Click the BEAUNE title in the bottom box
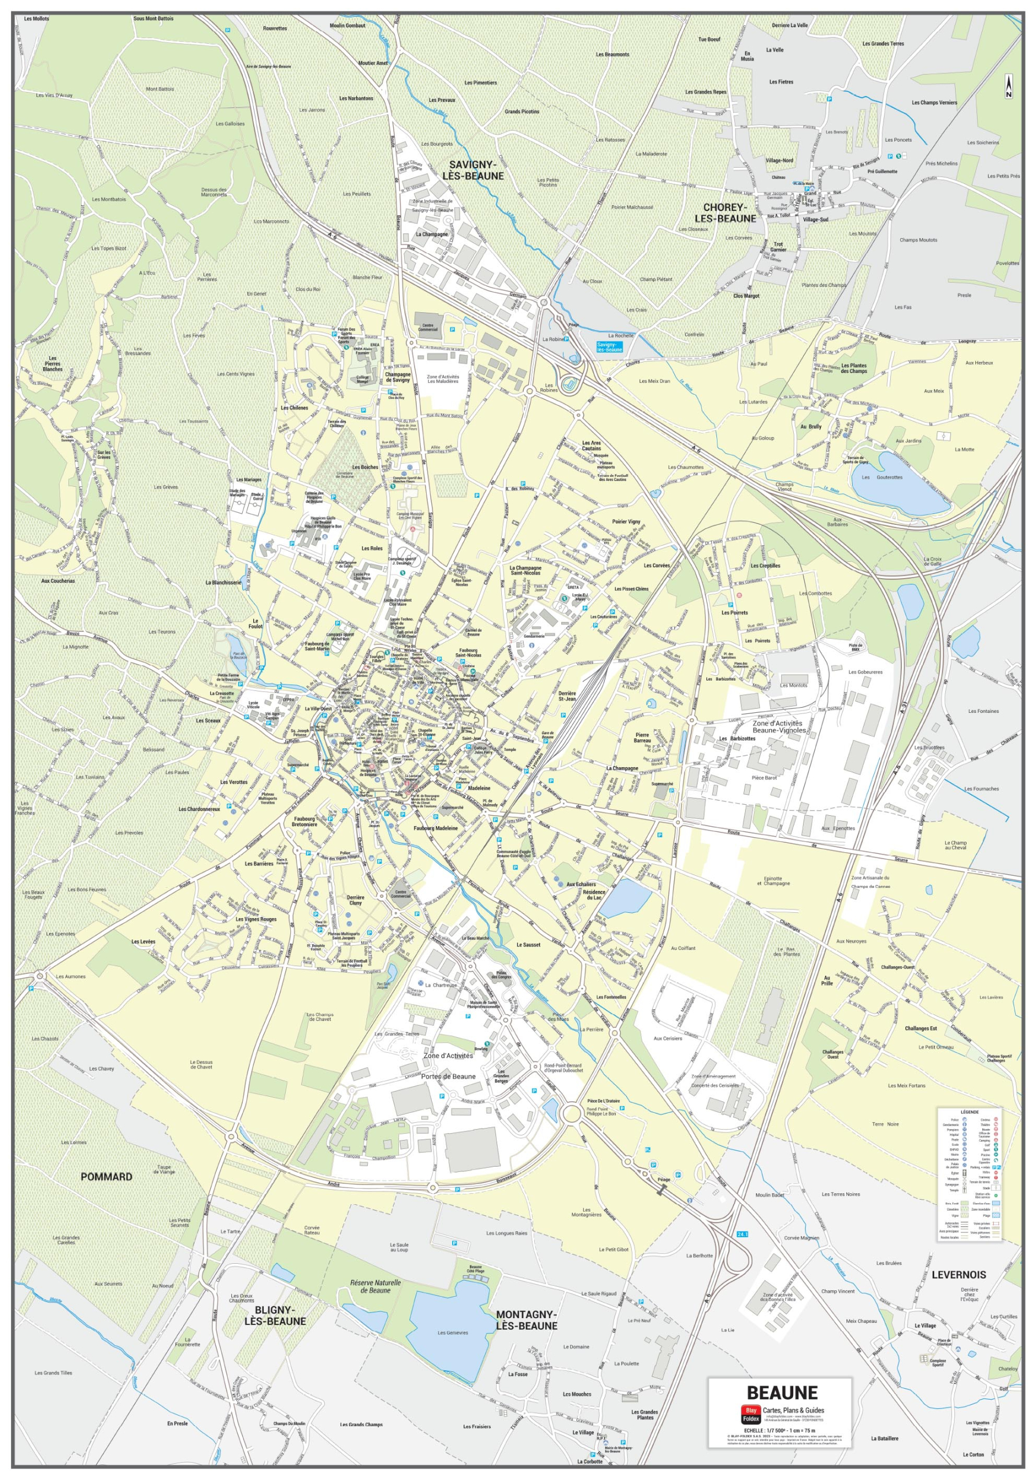pyautogui.click(x=782, y=1392)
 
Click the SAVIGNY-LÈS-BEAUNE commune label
pyautogui.click(x=476, y=170)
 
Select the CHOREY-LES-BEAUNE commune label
pyautogui.click(x=724, y=213)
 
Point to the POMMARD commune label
pyautogui.click(x=106, y=1176)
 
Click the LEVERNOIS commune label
pyautogui.click(x=959, y=1274)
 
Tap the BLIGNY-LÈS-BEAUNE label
pyautogui.click(x=276, y=1315)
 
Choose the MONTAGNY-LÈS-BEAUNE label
pyautogui.click(x=527, y=1319)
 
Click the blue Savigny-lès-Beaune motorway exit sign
pyautogui.click(x=609, y=346)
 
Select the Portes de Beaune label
pyautogui.click(x=448, y=1076)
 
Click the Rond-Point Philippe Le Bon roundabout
pyautogui.click(x=571, y=1112)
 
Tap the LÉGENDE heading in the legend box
pyautogui.click(x=969, y=1112)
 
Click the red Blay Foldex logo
pyautogui.click(x=750, y=1414)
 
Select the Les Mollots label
pyautogui.click(x=37, y=18)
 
